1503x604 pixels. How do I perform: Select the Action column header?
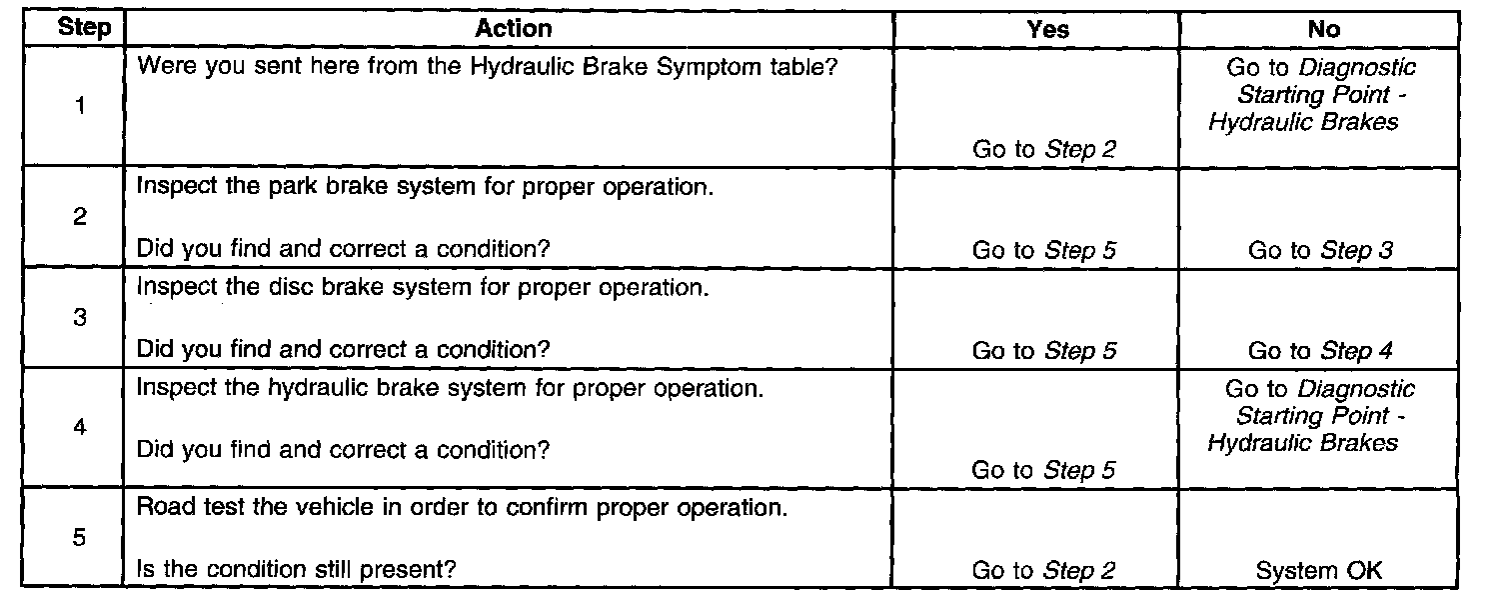[513, 29]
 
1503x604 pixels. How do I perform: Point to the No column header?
[1323, 29]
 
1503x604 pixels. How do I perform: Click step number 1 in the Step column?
[79, 108]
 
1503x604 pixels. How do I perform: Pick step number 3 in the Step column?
[79, 318]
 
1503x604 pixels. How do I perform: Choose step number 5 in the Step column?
[79, 538]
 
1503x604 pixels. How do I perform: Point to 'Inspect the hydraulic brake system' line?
[450, 388]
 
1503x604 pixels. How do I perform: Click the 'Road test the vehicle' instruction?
[461, 508]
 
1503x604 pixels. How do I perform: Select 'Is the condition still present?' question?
[296, 570]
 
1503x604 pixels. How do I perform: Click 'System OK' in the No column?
[1319, 571]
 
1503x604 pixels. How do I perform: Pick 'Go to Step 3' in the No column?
[1319, 251]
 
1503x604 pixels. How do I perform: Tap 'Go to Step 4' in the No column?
[1319, 351]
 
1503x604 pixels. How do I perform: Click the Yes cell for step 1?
[1043, 150]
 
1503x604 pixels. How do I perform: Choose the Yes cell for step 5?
[1043, 571]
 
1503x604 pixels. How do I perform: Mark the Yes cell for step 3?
[1043, 351]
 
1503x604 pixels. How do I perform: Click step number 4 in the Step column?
[79, 428]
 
